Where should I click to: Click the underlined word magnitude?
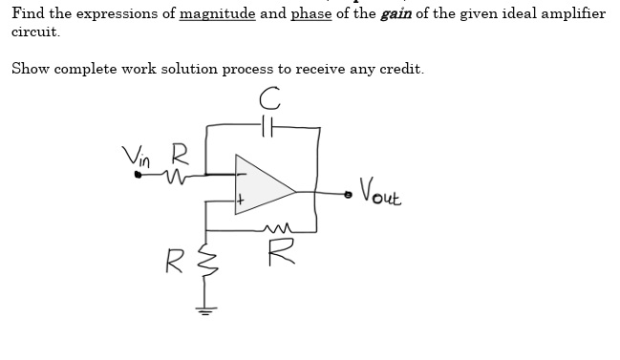coord(217,13)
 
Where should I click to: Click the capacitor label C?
coord(273,96)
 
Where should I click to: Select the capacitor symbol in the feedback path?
coord(270,124)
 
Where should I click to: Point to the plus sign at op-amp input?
coord(243,201)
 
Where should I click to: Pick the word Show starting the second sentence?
coord(30,69)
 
